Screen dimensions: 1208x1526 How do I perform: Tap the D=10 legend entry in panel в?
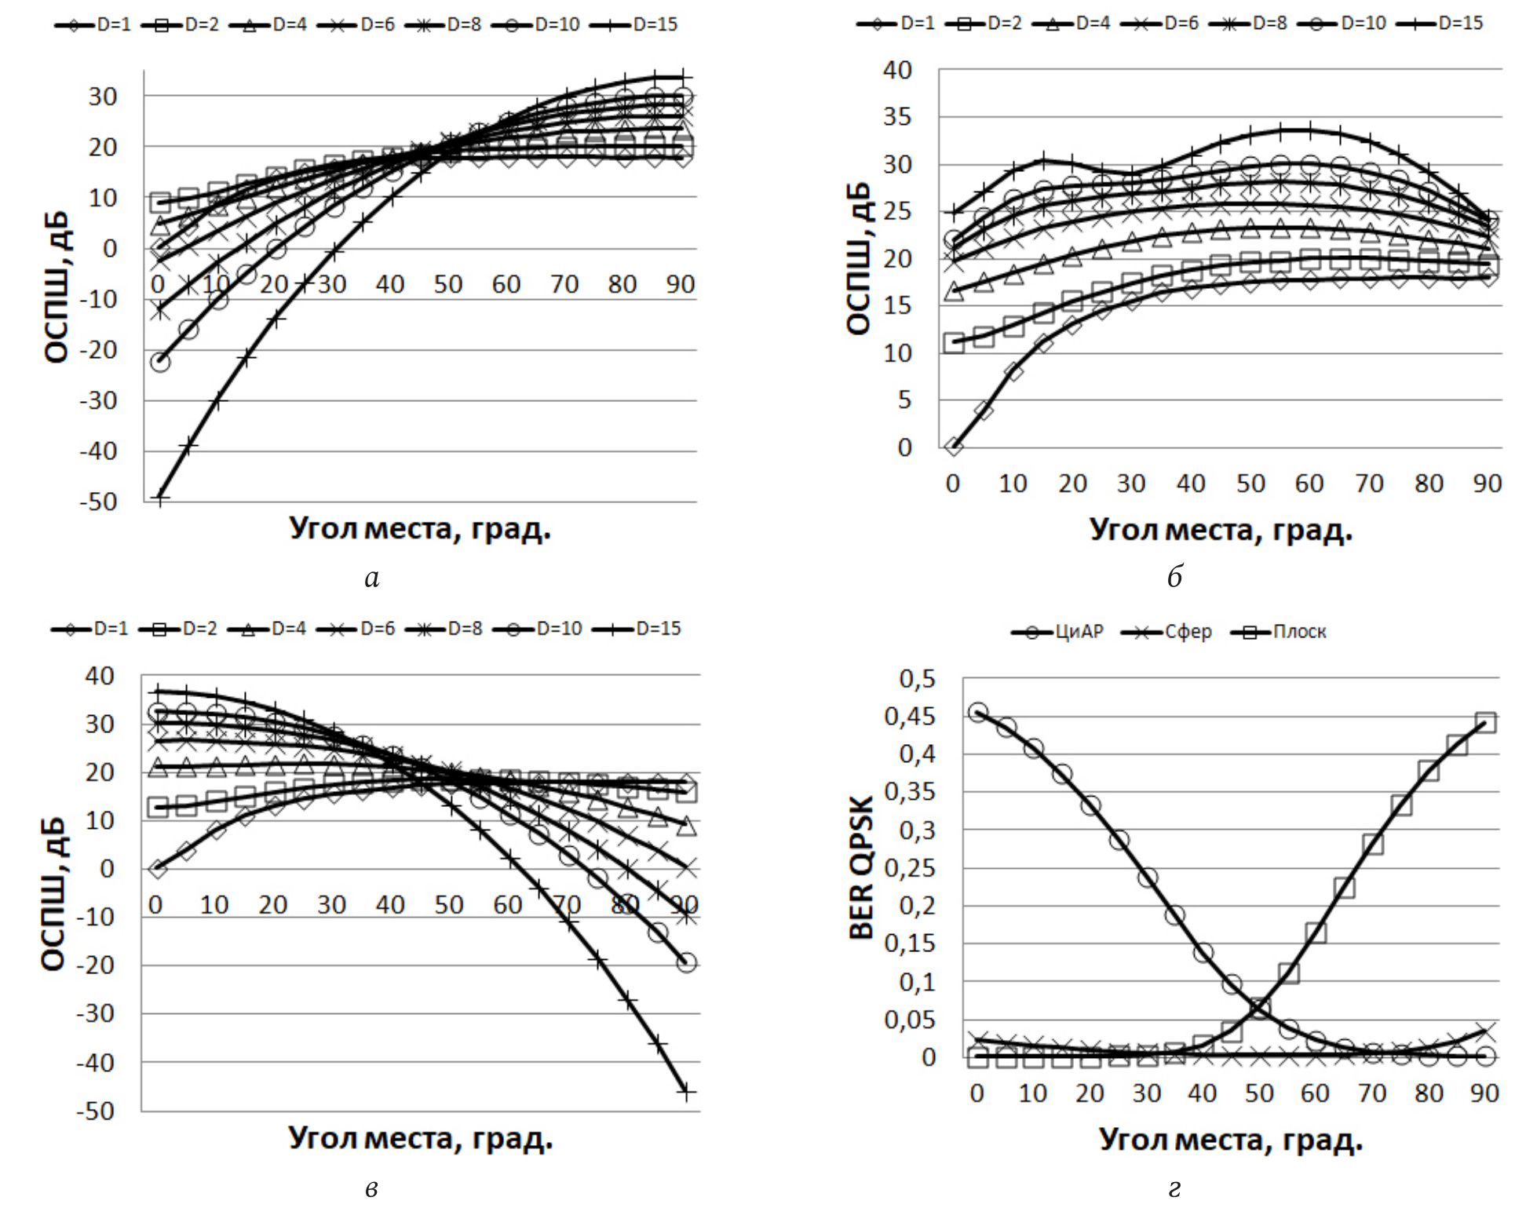[x=538, y=630]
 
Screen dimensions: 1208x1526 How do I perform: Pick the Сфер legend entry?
[x=1167, y=632]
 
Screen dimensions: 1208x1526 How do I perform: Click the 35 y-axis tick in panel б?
[x=898, y=117]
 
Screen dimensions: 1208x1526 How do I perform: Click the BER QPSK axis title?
[x=861, y=867]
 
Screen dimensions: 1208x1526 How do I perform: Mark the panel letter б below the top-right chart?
[x=1174, y=578]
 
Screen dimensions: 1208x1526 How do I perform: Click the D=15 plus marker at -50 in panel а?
[x=159, y=497]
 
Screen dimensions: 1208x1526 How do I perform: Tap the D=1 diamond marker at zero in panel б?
[x=954, y=447]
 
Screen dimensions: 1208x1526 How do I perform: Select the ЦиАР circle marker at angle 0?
[x=977, y=713]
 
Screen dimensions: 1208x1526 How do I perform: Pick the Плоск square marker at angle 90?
[x=1485, y=723]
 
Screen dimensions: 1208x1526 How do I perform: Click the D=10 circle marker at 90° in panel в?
[x=687, y=962]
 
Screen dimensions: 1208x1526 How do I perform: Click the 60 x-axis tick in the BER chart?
[x=1316, y=1093]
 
